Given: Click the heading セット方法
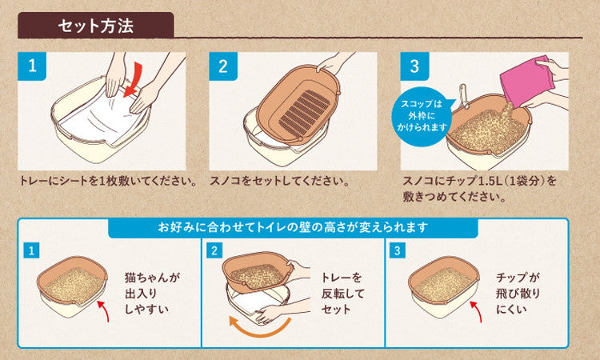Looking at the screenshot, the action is point(96,26).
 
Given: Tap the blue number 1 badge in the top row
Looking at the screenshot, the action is point(32,66).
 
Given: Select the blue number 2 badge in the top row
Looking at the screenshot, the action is point(223,66).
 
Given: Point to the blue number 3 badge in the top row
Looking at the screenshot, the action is point(414,66).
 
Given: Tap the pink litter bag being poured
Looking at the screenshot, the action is point(527,82).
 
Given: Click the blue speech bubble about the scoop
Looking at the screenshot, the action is point(422,116).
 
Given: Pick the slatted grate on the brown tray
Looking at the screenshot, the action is point(305,112).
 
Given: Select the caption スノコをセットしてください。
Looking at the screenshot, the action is point(280,181).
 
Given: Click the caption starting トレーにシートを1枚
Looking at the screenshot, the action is point(109,181).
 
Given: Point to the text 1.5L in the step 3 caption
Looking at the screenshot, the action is point(487,181).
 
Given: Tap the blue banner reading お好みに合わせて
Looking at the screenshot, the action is point(293,227).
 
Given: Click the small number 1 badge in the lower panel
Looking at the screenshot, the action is point(31,251).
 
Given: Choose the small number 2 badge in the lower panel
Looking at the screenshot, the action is point(214,251).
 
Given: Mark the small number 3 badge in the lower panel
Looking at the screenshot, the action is point(397,251).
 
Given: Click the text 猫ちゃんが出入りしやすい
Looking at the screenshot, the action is point(152,293).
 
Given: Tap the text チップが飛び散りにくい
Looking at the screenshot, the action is point(518,293).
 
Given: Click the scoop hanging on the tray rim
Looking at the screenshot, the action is point(464,95).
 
